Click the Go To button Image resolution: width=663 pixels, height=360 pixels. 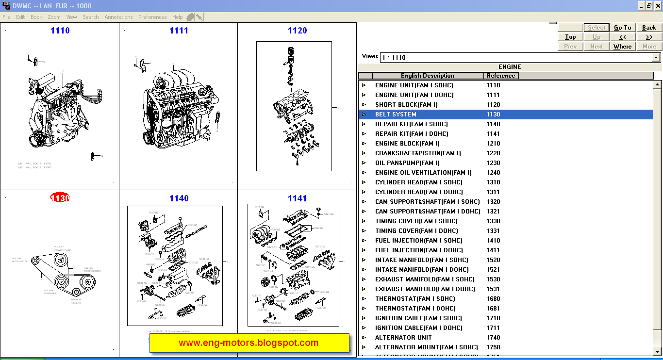[622, 28]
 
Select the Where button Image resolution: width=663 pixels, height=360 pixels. [622, 47]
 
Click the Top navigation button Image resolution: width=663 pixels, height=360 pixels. [570, 37]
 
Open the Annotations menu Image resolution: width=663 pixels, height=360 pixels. [118, 17]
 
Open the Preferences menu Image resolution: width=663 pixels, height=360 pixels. [152, 17]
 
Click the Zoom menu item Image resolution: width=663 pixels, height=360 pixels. [54, 17]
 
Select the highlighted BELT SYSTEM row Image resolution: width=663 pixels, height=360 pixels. [396, 115]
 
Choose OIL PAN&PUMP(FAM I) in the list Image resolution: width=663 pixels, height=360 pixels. [407, 163]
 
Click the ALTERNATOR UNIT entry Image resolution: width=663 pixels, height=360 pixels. [403, 338]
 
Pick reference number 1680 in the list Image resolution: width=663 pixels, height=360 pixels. [493, 299]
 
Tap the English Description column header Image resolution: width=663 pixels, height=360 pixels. [427, 76]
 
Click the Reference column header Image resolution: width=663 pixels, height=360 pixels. [500, 76]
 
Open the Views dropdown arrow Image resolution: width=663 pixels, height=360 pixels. [656, 57]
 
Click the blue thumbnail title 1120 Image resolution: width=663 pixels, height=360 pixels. [297, 31]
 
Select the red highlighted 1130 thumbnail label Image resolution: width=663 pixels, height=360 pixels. [60, 198]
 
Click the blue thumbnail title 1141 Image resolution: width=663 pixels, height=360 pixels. [297, 198]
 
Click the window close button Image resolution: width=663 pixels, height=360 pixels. [657, 6]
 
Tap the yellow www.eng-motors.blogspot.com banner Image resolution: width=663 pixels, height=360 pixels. [249, 343]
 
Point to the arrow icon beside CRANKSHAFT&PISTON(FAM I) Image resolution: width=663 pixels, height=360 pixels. [364, 153]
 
